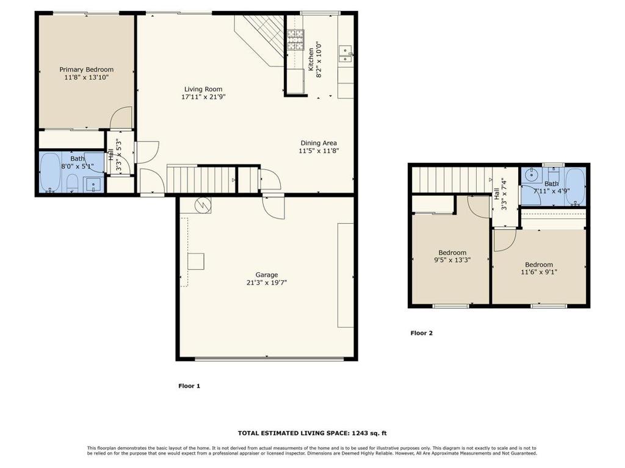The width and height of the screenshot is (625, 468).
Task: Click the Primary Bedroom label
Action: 87,69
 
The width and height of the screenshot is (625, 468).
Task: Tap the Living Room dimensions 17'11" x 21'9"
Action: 203,97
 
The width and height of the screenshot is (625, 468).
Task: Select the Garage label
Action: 267,275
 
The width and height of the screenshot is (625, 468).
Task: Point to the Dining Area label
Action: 319,143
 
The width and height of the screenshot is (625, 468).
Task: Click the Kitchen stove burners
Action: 295,40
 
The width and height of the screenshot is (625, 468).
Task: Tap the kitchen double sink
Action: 345,54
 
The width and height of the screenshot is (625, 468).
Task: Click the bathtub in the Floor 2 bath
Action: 575,186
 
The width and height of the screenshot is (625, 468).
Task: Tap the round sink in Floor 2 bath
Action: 531,174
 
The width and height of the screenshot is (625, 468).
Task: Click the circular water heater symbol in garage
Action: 202,205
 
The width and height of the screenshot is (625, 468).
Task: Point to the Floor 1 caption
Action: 189,386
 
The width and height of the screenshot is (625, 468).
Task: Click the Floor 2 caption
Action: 421,333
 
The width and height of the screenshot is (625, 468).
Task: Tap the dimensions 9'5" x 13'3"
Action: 452,260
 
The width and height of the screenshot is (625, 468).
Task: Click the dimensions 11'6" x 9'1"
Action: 539,272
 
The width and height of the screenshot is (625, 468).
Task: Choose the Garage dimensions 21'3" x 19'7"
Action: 267,283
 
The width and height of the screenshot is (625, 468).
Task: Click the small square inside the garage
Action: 196,261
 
